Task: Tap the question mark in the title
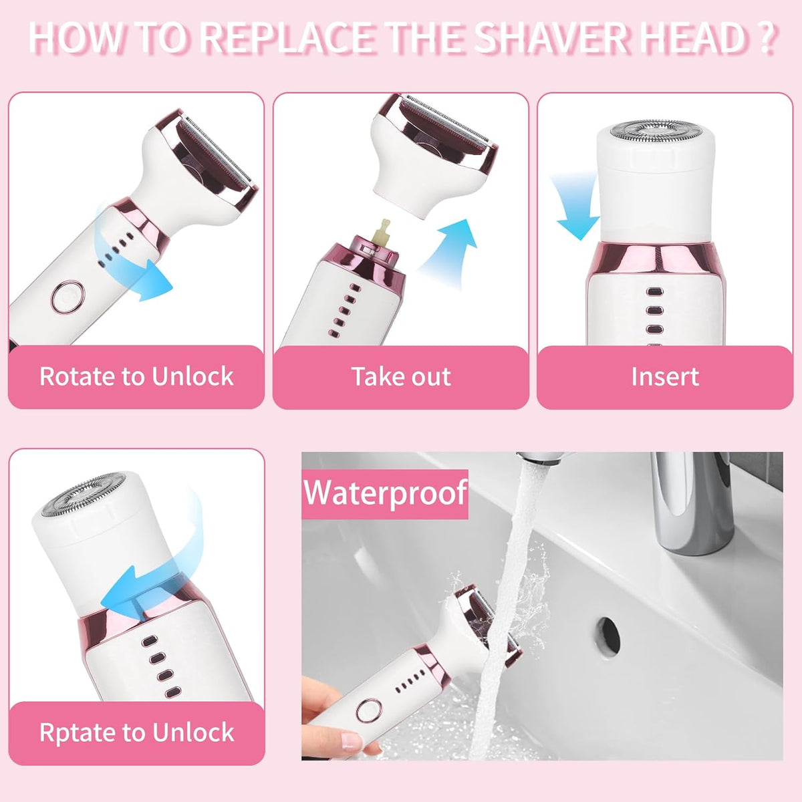click(x=767, y=39)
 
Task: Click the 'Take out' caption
click(x=401, y=376)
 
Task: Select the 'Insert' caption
click(x=665, y=376)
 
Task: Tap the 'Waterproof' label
click(x=385, y=493)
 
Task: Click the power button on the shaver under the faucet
click(x=369, y=710)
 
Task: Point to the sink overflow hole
click(x=608, y=635)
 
